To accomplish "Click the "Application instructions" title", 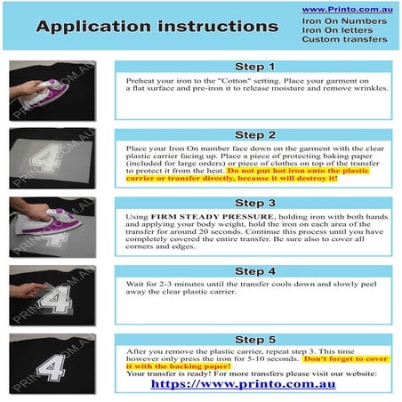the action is click(157, 27).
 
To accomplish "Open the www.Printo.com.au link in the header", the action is click(348, 10).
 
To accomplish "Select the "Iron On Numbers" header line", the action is click(344, 21).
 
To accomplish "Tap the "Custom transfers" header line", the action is click(344, 39).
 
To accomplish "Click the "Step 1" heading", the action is click(254, 67).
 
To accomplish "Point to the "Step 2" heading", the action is click(255, 135).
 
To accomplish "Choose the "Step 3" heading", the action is click(255, 203).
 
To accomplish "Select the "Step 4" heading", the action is click(255, 271).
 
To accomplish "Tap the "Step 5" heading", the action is click(255, 340).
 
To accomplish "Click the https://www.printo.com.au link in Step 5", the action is click(243, 384).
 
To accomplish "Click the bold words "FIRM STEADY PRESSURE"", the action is click(213, 217).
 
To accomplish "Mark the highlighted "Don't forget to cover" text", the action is click(346, 359).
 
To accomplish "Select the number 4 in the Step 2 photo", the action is click(47, 158).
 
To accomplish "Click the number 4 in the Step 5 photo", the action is click(52, 368).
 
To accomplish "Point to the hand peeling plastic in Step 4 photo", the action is click(27, 290).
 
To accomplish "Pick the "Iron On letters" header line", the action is click(337, 30).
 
